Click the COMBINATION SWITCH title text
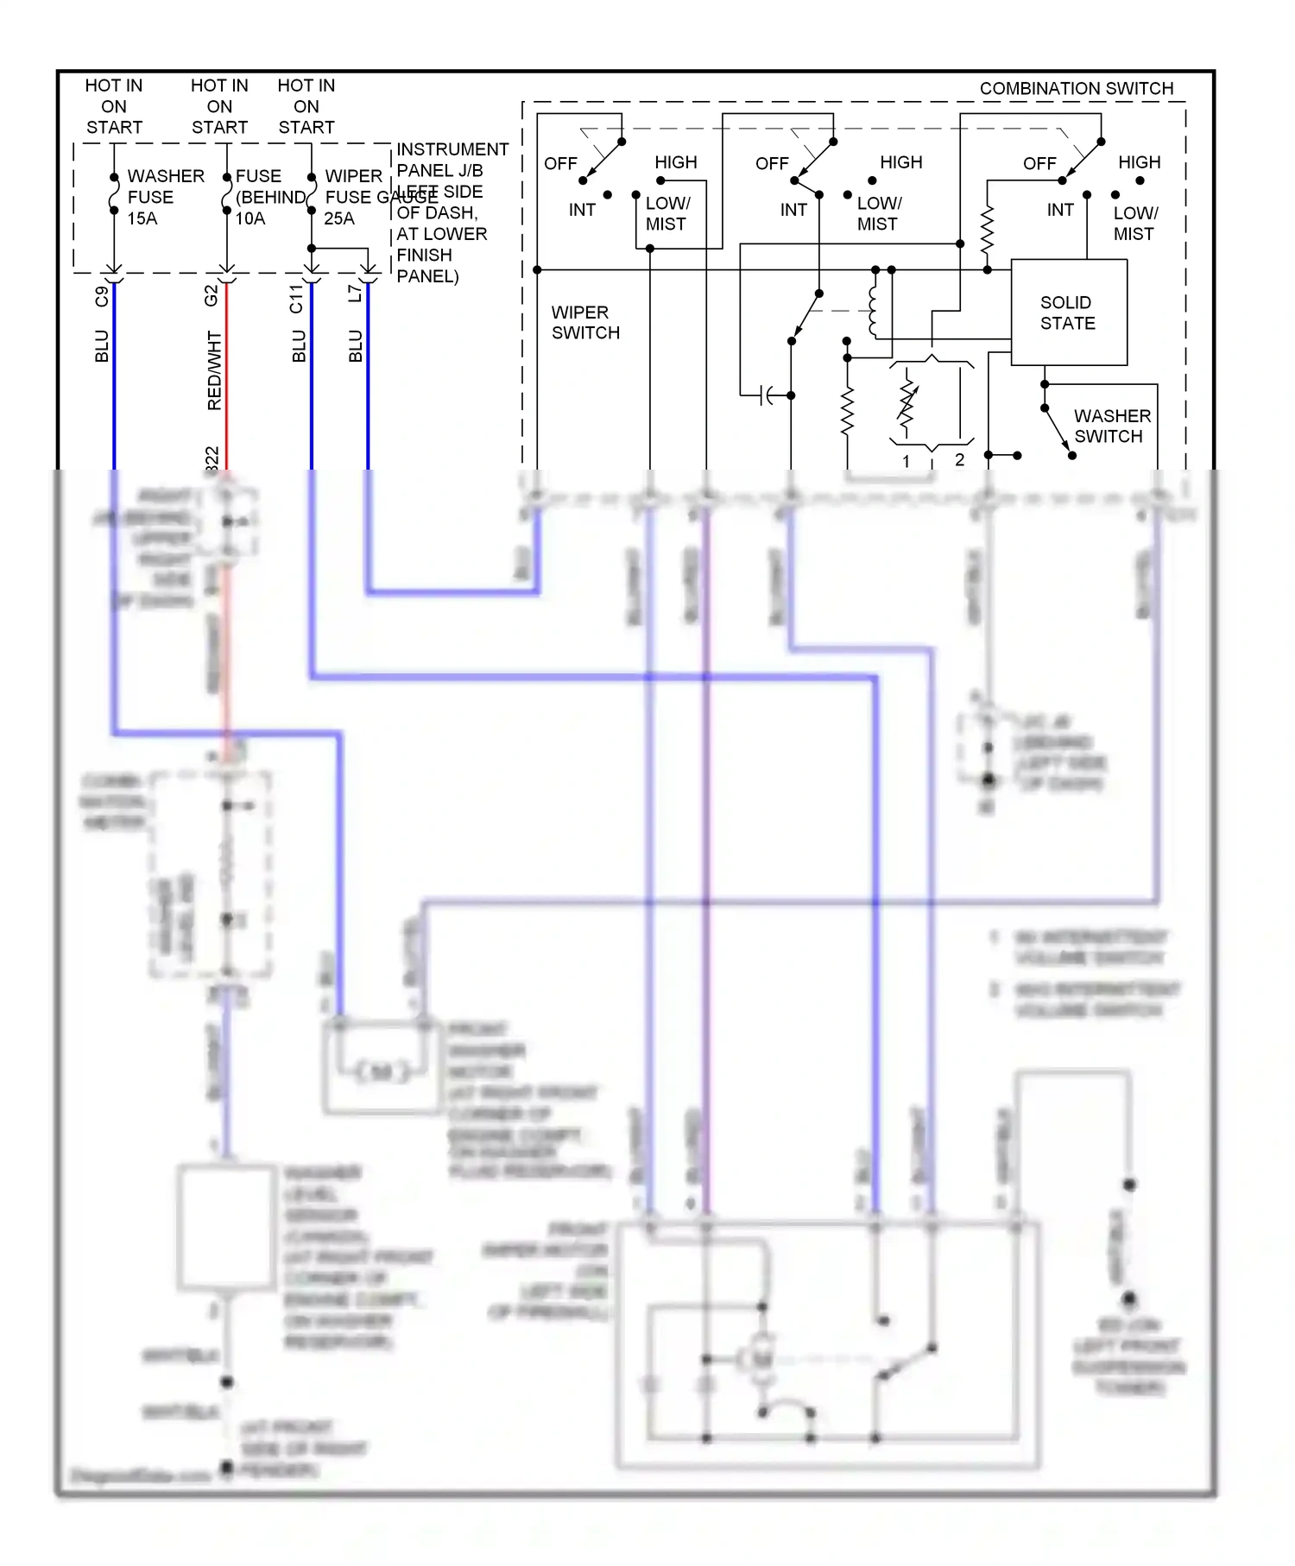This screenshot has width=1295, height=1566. pyautogui.click(x=1076, y=89)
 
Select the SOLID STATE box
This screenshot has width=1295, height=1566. pyautogui.click(x=1068, y=313)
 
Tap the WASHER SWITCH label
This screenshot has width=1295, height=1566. pyautogui.click(x=1111, y=426)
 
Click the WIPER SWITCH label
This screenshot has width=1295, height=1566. pyautogui.click(x=584, y=323)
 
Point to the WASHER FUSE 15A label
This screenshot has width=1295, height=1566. pyautogui.click(x=165, y=198)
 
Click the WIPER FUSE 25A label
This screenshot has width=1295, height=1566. pyautogui.click(x=353, y=198)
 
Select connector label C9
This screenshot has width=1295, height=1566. pyautogui.click(x=102, y=296)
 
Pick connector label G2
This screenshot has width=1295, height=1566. pyautogui.click(x=211, y=295)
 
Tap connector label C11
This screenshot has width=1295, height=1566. pyautogui.click(x=296, y=299)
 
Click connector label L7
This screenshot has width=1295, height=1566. pyautogui.click(x=354, y=294)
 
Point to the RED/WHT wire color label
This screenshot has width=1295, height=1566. pyautogui.click(x=214, y=370)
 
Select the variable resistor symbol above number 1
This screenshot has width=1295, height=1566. pyautogui.click(x=906, y=402)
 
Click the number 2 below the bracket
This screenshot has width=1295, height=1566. pyautogui.click(x=959, y=460)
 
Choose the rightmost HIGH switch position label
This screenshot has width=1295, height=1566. pyautogui.click(x=1139, y=162)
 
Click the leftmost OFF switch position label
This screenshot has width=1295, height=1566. pyautogui.click(x=560, y=163)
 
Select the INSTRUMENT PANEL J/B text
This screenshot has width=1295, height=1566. pyautogui.click(x=452, y=160)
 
